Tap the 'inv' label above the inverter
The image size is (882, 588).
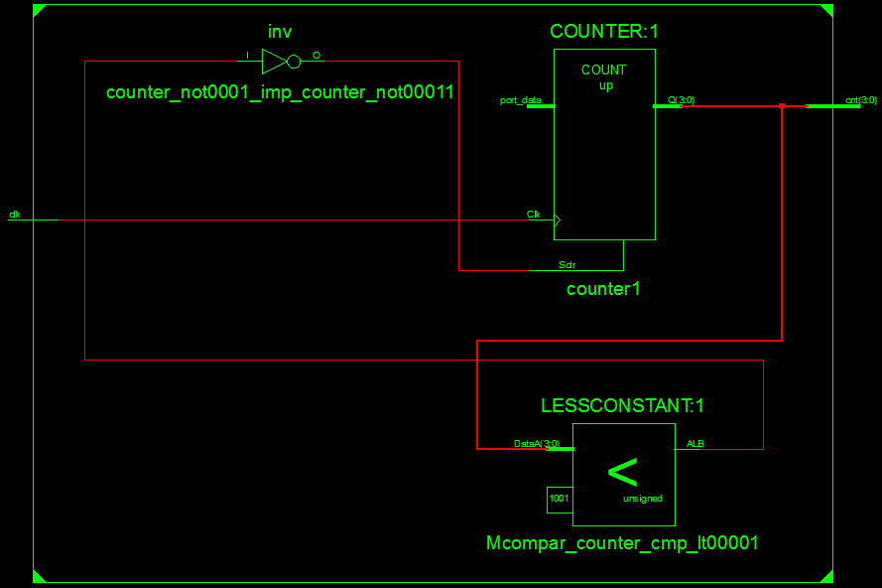280,33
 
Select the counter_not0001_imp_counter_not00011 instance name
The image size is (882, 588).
280,92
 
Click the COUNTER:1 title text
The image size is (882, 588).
603,32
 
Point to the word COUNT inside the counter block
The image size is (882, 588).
603,70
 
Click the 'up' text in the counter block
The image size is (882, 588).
605,85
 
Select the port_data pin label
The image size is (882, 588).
520,100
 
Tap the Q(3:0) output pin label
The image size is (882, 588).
681,100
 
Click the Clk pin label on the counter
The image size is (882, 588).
534,214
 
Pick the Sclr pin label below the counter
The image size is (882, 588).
567,265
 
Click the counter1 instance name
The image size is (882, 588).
603,289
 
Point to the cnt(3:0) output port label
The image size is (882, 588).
860,100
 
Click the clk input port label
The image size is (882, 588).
14,214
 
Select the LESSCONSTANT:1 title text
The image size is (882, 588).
622,405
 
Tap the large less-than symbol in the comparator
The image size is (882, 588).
622,472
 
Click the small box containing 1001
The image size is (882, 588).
560,500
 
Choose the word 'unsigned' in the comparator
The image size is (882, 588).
642,499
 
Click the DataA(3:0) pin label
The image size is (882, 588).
536,443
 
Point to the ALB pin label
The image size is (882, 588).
695,443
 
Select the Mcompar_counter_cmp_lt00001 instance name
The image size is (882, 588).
622,543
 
